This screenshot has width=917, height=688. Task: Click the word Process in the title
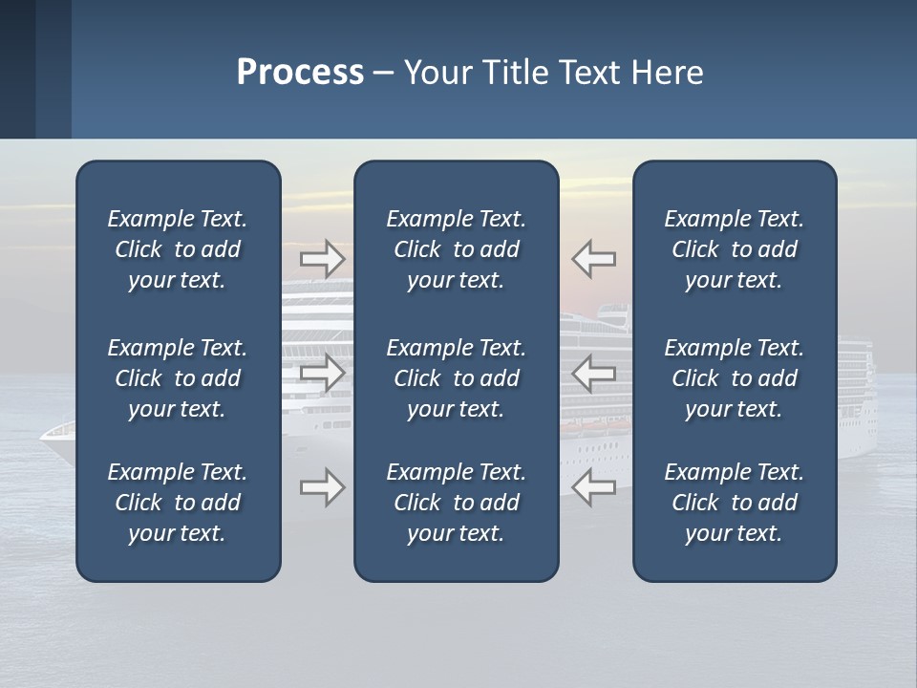(x=300, y=73)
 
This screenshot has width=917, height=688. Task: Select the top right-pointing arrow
(x=322, y=259)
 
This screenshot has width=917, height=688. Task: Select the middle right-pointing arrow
(x=322, y=373)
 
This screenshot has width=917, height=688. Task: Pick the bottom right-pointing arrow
(x=322, y=487)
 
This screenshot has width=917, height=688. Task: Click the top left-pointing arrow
(x=594, y=259)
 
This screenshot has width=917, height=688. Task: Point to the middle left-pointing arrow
(x=594, y=373)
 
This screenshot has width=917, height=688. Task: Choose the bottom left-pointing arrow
(x=594, y=487)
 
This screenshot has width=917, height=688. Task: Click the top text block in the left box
(x=178, y=249)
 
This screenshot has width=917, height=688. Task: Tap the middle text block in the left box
(x=178, y=378)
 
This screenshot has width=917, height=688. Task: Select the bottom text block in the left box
(x=178, y=503)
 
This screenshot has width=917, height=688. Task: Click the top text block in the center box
(x=456, y=249)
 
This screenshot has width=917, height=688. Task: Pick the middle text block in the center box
(x=456, y=378)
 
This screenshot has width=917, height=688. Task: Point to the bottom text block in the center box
(x=456, y=503)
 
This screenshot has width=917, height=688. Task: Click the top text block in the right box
(x=734, y=249)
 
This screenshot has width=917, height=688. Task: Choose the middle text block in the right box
(x=734, y=378)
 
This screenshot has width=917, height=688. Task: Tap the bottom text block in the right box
(x=734, y=503)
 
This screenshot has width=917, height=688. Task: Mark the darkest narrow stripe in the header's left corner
(x=17, y=69)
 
